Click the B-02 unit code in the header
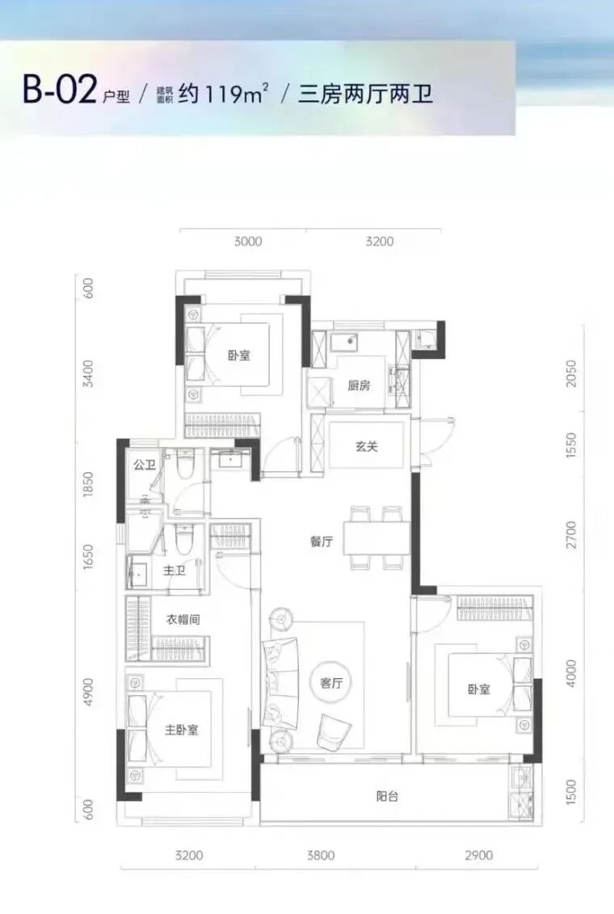pyautogui.click(x=59, y=91)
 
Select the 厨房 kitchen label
pyautogui.click(x=359, y=385)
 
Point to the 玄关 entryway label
pyautogui.click(x=367, y=447)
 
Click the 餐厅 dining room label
pyautogui.click(x=321, y=541)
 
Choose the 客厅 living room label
pyautogui.click(x=331, y=683)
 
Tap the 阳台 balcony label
pyautogui.click(x=388, y=796)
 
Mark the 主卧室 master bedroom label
pyautogui.click(x=181, y=729)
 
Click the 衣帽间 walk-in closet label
pyautogui.click(x=183, y=619)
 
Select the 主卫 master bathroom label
pyautogui.click(x=175, y=571)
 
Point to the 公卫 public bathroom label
pyautogui.click(x=145, y=465)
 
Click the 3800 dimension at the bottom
pyautogui.click(x=321, y=855)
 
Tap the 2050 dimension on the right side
pyautogui.click(x=571, y=373)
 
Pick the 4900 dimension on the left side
pyautogui.click(x=88, y=692)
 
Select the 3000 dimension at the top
pyautogui.click(x=248, y=242)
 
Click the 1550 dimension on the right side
pyautogui.click(x=571, y=444)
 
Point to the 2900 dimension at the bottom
pyautogui.click(x=479, y=855)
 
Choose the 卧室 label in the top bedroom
pyautogui.click(x=239, y=355)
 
